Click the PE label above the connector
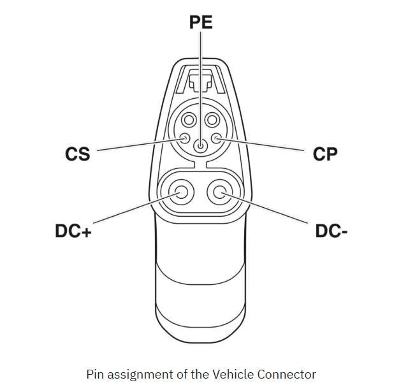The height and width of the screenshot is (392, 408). point(201,22)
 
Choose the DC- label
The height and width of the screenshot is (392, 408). point(331,231)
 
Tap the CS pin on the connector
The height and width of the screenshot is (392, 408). point(186,138)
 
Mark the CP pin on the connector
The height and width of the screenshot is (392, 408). point(216,138)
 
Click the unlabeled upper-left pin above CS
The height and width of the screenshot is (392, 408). point(189,120)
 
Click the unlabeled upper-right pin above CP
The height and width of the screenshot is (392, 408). point(212,120)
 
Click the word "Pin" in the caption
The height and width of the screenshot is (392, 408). point(95,374)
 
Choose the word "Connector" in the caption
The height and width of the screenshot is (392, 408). point(286,374)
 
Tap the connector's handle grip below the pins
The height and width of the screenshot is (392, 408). point(201,280)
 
